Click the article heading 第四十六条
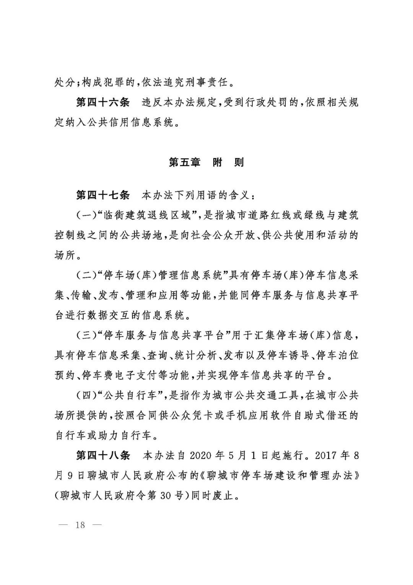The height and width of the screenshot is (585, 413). tap(103, 103)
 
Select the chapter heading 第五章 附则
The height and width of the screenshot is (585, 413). tap(206, 162)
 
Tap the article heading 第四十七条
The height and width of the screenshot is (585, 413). tap(103, 196)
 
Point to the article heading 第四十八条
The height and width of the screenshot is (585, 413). tap(103, 455)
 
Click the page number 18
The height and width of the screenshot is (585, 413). tap(80, 524)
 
